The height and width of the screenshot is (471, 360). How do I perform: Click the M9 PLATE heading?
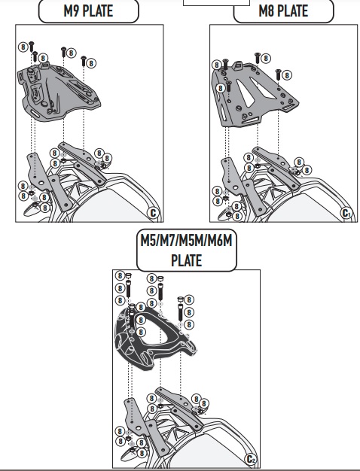pyautogui.click(x=88, y=11)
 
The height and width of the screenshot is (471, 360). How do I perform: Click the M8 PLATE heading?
pyautogui.click(x=283, y=11)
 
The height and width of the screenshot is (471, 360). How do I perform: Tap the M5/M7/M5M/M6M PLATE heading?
pyautogui.click(x=187, y=251)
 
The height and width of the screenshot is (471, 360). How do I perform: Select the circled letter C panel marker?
pyautogui.click(x=153, y=213)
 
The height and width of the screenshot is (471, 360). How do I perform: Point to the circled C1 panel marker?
pyautogui.click(x=346, y=213)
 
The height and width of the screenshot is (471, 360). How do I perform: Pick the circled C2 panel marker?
pyautogui.click(x=251, y=459)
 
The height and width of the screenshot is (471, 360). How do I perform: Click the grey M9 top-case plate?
pyautogui.click(x=58, y=91)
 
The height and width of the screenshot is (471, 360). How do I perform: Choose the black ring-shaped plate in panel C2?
pyautogui.click(x=154, y=338)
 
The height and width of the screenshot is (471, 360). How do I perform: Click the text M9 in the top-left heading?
pyautogui.click(x=71, y=11)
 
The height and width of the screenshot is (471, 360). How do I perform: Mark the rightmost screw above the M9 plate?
pyautogui.click(x=84, y=61)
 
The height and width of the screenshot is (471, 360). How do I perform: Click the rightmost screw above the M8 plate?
pyautogui.click(x=278, y=74)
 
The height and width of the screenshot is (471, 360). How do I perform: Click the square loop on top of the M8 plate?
pyautogui.click(x=238, y=65)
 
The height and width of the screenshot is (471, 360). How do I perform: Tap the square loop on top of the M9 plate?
pyautogui.click(x=45, y=65)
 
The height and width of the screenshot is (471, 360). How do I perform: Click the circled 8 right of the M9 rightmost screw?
pyautogui.click(x=91, y=63)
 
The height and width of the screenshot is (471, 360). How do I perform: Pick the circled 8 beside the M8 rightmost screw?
pyautogui.click(x=287, y=75)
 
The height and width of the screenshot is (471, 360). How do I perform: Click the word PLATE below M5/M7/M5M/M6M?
pyautogui.click(x=187, y=260)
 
